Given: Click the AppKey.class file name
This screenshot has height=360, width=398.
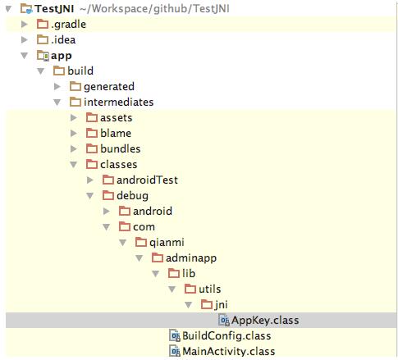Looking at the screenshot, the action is tap(265, 321).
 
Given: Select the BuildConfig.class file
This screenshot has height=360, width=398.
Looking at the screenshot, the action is tap(226, 336).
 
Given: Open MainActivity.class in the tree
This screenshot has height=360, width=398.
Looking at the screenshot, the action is tap(229, 352).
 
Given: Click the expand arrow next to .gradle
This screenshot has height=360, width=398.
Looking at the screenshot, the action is tap(25, 25).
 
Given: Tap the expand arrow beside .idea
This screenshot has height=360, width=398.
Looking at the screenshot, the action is tap(25, 40).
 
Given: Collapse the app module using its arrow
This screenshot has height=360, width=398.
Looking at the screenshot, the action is tap(25, 56).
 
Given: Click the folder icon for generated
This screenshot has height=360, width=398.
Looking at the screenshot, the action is tap(75, 87).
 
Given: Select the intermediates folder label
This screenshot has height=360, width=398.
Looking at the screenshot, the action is tap(118, 103).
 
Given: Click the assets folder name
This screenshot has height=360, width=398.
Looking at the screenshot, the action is tap(116, 118).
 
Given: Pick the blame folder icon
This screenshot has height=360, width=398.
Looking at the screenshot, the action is tap(92, 134).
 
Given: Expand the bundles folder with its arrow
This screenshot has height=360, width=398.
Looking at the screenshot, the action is tap(74, 149).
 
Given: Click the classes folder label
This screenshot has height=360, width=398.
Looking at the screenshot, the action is tap(118, 165).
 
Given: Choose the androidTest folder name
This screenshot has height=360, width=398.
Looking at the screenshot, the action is tap(147, 180).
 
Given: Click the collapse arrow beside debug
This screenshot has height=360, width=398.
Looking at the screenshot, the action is tap(90, 196).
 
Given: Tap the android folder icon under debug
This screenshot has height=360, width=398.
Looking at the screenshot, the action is tap(125, 212).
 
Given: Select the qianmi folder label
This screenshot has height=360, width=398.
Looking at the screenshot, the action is tap(167, 243).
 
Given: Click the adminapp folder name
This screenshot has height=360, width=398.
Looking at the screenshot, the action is tap(191, 258).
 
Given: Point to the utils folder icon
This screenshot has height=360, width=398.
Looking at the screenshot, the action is tap(190, 289).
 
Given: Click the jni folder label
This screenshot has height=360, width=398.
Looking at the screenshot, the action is tap(222, 305).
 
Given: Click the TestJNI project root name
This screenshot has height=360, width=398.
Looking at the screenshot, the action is tap(54, 9).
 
